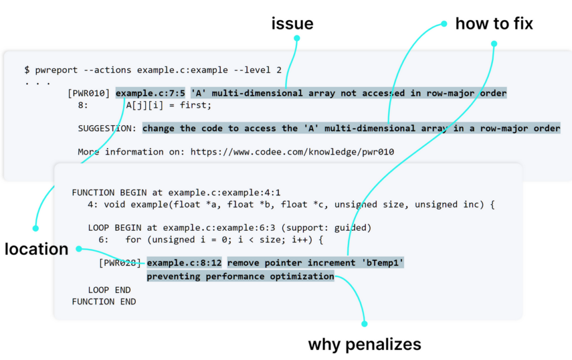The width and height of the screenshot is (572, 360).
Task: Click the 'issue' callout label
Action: click(292, 23)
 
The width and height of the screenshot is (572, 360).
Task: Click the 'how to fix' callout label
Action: click(494, 23)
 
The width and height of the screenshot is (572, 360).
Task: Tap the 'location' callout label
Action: click(36, 249)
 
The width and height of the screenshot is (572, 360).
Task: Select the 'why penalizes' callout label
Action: click(364, 344)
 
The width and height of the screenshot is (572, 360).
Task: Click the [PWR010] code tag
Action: click(89, 93)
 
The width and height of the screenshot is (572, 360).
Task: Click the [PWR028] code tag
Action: click(120, 263)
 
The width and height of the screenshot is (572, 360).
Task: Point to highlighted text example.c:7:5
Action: click(150, 93)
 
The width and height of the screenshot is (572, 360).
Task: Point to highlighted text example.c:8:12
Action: click(184, 263)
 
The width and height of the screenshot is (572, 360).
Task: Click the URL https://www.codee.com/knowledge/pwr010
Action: click(292, 151)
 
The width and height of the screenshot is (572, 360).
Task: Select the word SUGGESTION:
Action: click(107, 128)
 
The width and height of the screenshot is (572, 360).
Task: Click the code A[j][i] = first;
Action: click(169, 105)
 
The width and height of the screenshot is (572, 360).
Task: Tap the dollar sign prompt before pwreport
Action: click(27, 70)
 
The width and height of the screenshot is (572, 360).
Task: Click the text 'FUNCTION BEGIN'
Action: click(109, 192)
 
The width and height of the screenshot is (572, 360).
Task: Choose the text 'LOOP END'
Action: click(109, 290)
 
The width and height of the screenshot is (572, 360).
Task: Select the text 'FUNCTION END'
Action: click(104, 301)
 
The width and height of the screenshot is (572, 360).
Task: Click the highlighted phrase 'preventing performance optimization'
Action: click(240, 276)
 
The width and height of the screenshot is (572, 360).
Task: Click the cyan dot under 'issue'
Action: click(297, 38)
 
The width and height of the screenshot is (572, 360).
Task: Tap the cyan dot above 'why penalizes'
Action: click(364, 324)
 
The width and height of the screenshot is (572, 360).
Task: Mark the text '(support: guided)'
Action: click(326, 228)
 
